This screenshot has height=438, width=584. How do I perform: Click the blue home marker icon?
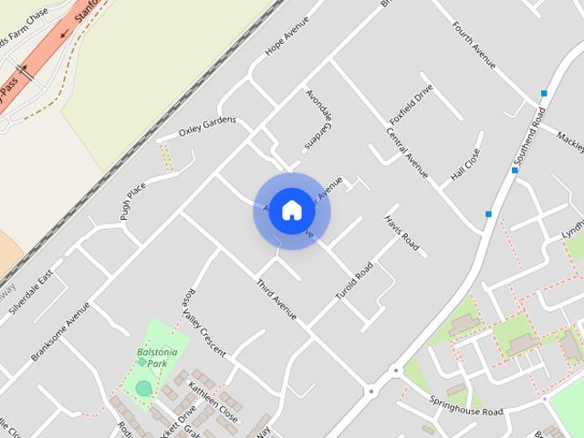291,210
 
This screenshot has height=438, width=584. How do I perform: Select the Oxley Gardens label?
207,126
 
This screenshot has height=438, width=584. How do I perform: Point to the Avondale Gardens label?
316,121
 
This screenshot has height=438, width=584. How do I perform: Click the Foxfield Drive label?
411,106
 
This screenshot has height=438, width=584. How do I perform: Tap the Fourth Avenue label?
474,45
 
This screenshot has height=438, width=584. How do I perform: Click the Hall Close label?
464,165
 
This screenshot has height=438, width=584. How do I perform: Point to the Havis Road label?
401,234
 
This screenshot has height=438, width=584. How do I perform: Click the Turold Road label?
354,283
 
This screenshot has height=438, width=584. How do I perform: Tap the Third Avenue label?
276,299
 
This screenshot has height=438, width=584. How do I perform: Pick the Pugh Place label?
133,201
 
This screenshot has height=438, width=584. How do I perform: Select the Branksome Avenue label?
60,331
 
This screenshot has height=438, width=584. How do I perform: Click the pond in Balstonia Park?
144,388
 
